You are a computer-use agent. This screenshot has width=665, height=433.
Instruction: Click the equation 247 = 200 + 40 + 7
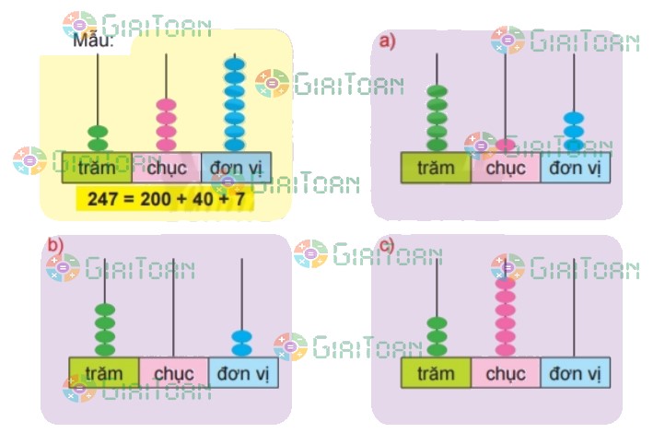click(x=169, y=198)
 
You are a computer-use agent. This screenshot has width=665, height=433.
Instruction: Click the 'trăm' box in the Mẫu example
click(x=97, y=168)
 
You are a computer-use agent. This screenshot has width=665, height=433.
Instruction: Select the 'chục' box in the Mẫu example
click(x=166, y=168)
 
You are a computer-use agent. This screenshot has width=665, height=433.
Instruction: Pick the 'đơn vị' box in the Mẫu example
click(x=236, y=168)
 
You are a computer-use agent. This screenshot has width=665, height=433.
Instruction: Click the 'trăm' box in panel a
click(x=436, y=169)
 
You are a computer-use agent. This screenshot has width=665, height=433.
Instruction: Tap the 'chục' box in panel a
click(x=505, y=169)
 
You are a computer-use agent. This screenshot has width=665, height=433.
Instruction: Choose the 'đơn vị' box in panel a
click(x=575, y=169)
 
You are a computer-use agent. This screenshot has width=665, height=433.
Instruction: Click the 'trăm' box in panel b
click(x=104, y=371)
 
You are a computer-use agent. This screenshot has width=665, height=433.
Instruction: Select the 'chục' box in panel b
click(x=173, y=371)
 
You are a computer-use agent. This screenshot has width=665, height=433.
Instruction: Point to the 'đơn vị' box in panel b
click(x=242, y=371)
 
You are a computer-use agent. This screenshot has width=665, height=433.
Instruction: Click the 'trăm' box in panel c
click(x=436, y=372)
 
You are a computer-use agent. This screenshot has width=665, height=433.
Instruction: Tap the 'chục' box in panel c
click(x=505, y=372)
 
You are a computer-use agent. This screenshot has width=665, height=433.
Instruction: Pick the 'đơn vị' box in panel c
click(x=575, y=372)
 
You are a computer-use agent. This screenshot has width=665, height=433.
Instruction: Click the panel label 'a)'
click(x=386, y=41)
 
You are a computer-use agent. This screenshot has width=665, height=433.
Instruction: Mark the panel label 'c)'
click(x=386, y=245)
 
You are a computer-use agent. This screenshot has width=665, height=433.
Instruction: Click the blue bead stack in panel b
click(x=241, y=343)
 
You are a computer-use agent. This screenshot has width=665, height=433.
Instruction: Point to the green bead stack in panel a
click(x=437, y=118)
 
